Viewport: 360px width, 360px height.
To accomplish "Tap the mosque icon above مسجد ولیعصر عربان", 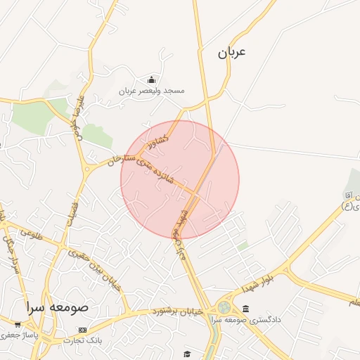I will [151, 80].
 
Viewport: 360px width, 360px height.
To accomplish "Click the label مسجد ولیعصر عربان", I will [151, 91].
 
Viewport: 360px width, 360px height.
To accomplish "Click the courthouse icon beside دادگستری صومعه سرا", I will [245, 309].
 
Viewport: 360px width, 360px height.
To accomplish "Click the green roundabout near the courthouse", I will [224, 307].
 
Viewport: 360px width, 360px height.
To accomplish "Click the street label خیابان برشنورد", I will [179, 311].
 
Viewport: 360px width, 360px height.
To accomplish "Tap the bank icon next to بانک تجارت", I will [83, 330].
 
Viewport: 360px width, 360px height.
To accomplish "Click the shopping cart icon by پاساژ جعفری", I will [17, 325].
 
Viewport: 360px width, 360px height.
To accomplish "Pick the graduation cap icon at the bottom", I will [187, 354].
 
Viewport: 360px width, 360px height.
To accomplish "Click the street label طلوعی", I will [32, 234].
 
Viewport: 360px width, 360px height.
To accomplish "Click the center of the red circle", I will [180, 179].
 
